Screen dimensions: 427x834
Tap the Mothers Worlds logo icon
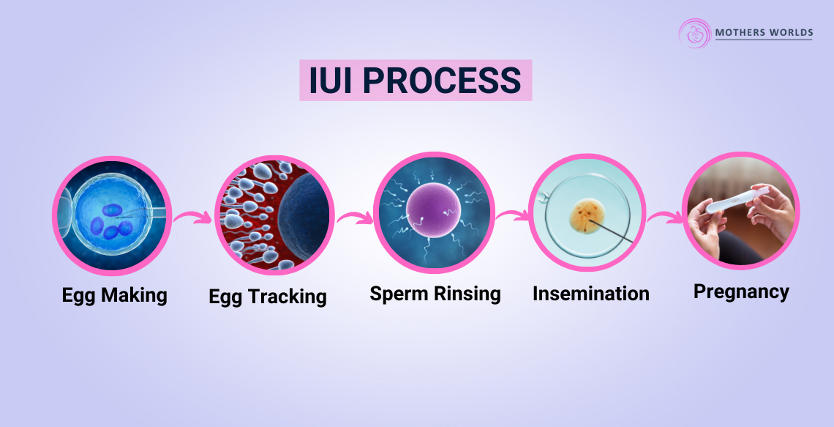point(694,33)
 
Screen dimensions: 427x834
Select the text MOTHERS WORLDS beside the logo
point(764,33)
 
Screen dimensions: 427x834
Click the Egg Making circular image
point(111,215)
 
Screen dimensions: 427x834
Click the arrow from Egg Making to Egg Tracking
point(192,218)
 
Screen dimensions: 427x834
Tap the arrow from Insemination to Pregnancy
point(665,218)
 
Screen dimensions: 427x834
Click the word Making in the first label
point(134,295)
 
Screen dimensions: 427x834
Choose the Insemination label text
point(590,294)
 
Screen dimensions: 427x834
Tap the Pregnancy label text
point(741,292)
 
